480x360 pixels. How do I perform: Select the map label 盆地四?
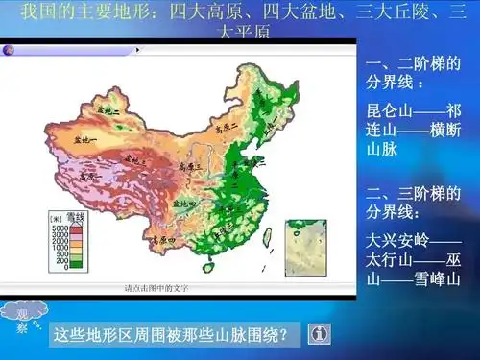[185, 202]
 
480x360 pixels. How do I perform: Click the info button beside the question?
[319, 333]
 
